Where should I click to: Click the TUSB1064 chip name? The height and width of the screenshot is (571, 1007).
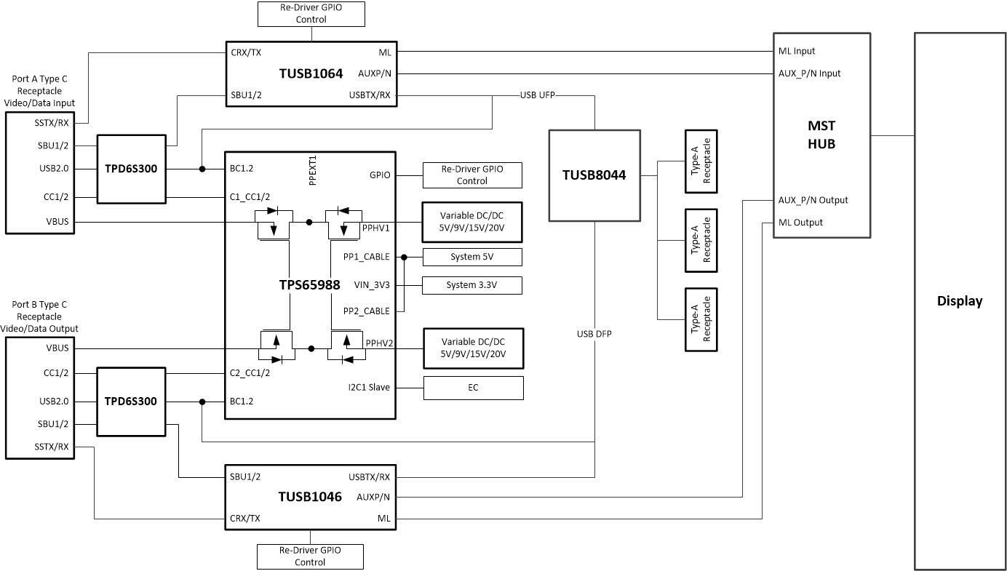pos(311,73)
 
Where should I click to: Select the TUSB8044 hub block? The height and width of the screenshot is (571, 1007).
pos(594,175)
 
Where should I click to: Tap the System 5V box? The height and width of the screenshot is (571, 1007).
pos(472,257)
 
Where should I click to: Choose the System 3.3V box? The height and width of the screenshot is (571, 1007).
pos(472,285)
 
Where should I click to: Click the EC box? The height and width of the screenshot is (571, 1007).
pos(473,388)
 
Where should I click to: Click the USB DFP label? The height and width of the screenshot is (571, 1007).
pos(594,334)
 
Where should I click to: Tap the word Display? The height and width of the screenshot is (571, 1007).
pos(959,301)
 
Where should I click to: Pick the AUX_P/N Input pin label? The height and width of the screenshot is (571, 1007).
pos(809,73)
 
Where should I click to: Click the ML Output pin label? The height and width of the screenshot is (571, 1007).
pos(800,223)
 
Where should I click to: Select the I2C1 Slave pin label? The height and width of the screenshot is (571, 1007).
pos(369,387)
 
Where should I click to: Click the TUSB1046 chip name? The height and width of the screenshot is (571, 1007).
pos(310,497)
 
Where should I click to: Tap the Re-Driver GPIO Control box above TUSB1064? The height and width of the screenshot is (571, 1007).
pos(311,14)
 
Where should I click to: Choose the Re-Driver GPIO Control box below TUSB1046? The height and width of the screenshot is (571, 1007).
pos(310,556)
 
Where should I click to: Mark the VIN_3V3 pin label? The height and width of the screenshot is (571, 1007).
pos(372,284)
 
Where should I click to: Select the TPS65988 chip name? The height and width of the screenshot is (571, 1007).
pos(309,285)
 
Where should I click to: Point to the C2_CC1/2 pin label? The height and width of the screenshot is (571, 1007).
pos(250,373)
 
